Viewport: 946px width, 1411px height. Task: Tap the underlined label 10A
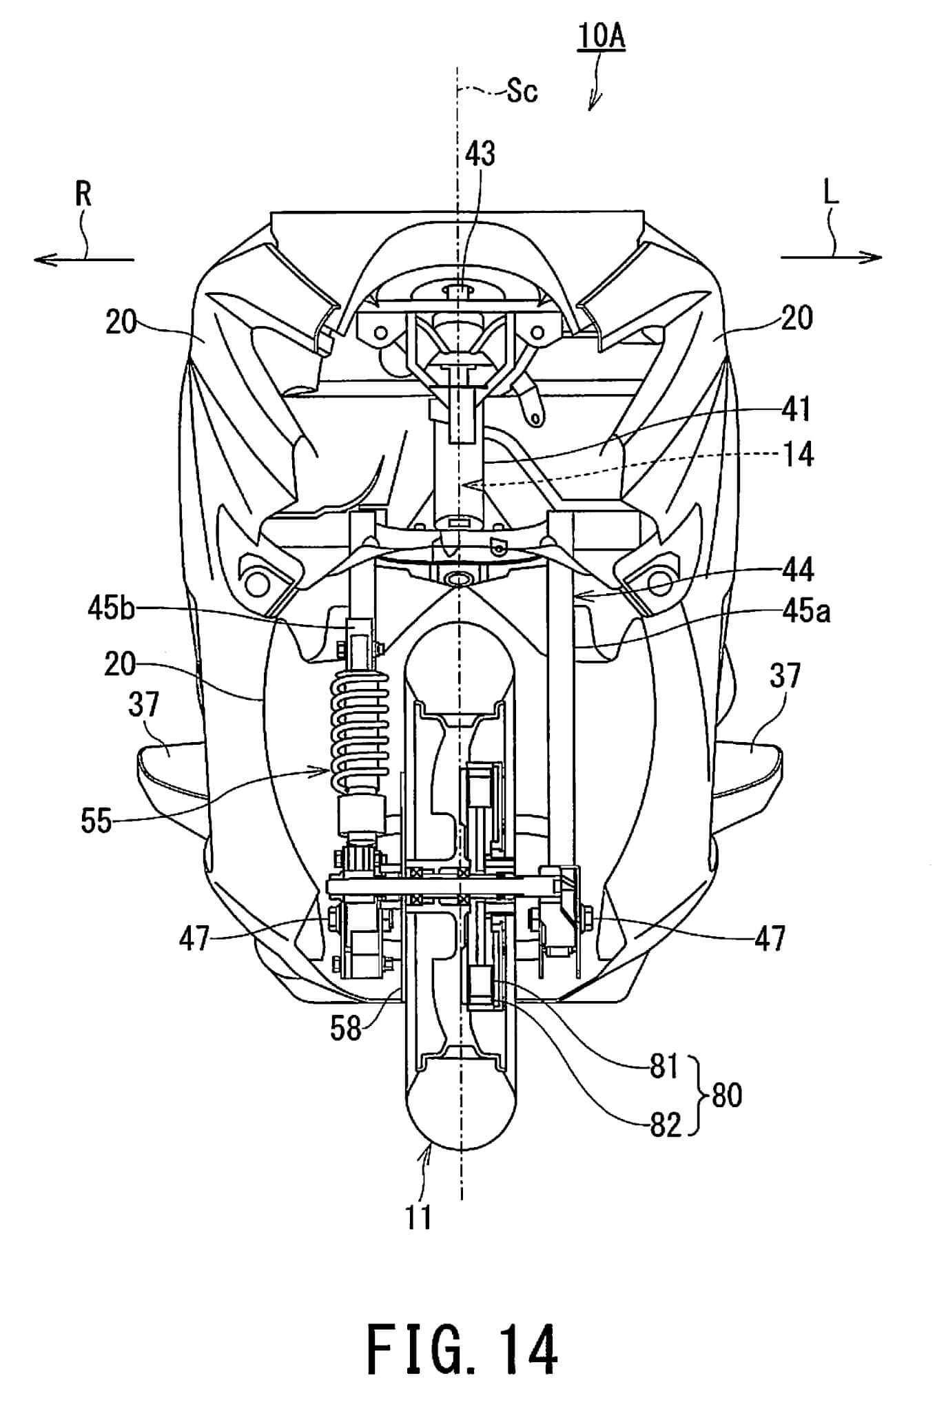pyautogui.click(x=601, y=36)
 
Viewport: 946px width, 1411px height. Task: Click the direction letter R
pyautogui.click(x=83, y=195)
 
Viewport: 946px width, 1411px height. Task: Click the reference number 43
pyautogui.click(x=480, y=154)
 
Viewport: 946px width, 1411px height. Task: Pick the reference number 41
pyautogui.click(x=797, y=409)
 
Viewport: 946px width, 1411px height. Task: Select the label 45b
pyautogui.click(x=111, y=609)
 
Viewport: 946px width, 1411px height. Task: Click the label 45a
pyautogui.click(x=806, y=611)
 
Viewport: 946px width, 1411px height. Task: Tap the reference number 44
pyautogui.click(x=798, y=570)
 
